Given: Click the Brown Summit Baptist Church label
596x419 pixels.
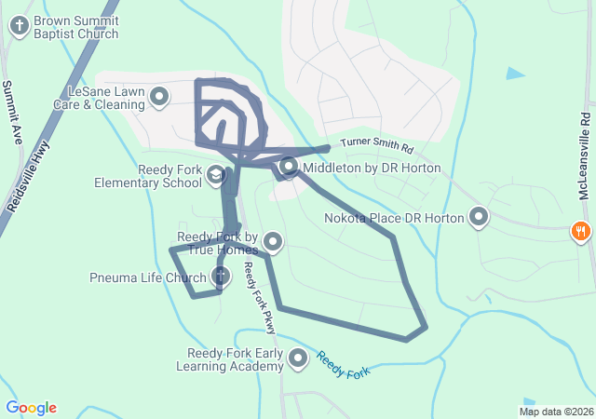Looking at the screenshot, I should click(76, 27).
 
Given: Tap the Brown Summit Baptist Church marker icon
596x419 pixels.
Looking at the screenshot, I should click(19, 26).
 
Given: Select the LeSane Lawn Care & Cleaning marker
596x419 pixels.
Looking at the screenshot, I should click(159, 96).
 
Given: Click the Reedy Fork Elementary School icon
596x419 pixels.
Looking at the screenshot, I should click(216, 174).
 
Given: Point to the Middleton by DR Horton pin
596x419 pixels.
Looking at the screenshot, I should click(289, 168).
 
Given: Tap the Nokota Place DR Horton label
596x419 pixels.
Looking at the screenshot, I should click(393, 219).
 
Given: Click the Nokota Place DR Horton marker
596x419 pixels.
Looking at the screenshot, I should click(479, 218).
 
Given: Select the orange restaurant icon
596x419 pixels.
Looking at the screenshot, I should click(581, 230).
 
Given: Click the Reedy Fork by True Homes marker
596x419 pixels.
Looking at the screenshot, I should click(273, 242).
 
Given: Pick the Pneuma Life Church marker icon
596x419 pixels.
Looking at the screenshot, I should click(221, 276).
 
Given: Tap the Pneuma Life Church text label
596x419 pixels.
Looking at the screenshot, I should click(148, 277).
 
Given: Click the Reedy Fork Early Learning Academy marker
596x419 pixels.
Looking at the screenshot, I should click(298, 358).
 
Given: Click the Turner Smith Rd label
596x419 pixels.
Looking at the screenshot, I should click(376, 146).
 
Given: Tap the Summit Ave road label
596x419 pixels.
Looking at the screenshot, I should click(13, 111).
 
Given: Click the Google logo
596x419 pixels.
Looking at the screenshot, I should click(31, 408).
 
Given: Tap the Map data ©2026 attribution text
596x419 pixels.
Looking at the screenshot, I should click(555, 412).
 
